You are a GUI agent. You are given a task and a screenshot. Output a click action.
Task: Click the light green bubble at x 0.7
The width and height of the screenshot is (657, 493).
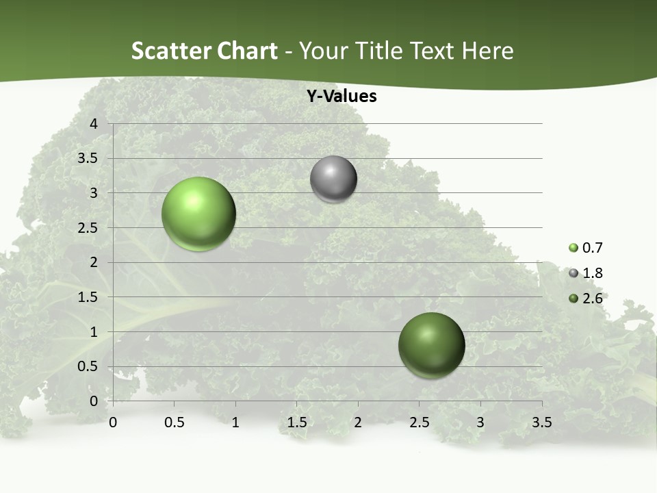coord(199,214)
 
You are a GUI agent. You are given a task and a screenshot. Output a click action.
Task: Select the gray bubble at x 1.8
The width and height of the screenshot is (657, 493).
coord(333,179)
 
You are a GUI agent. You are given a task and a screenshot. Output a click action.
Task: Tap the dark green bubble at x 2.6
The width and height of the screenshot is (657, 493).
coord(431,345)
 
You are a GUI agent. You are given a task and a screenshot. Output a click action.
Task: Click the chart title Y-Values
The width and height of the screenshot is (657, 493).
coord(342,97)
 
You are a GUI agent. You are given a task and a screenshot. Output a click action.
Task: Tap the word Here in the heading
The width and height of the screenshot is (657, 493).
coord(488,51)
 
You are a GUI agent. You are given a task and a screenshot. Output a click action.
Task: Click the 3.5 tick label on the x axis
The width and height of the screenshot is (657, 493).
coord(541,422)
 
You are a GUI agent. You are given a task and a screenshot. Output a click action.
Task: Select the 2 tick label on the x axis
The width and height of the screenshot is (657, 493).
coord(358,422)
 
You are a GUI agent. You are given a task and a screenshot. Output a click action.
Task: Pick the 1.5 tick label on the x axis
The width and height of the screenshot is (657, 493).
coord(296,422)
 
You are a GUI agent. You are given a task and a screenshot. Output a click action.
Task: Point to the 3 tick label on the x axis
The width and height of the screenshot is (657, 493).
coord(480,422)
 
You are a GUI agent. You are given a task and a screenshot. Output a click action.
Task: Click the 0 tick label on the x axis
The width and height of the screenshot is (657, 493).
coord(113,422)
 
